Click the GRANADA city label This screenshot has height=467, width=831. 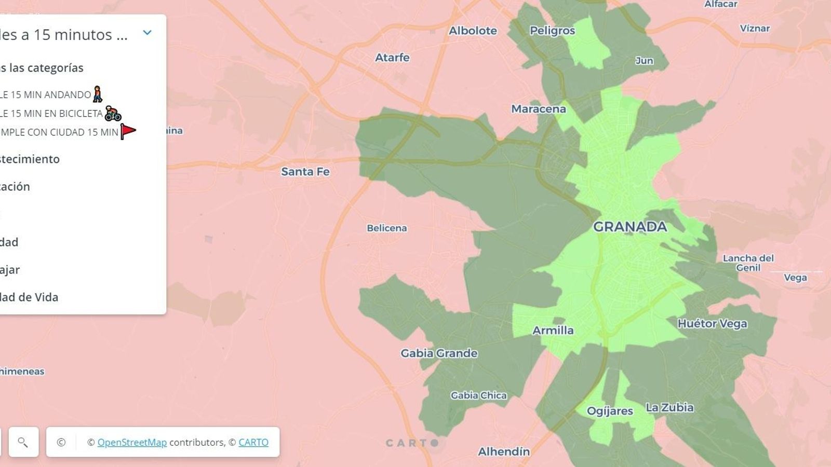[629, 227]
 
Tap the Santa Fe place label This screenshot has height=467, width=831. [305, 172]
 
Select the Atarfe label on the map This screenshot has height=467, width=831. [392, 58]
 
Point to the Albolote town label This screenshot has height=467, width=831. [473, 31]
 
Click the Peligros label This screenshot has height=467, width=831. [552, 31]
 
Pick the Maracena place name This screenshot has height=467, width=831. [538, 109]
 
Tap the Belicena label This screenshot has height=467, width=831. [386, 228]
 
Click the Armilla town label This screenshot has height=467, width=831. [553, 331]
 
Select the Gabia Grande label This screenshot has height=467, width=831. [439, 353]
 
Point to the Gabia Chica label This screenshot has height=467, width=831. [478, 395]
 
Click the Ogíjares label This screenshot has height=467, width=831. [610, 411]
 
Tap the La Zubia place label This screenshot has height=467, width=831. [669, 407]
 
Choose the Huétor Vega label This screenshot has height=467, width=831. [712, 324]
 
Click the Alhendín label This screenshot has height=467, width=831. [504, 451]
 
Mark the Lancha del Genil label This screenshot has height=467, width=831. [748, 263]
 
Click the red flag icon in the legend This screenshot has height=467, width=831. [128, 131]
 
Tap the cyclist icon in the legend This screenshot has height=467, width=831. [113, 113]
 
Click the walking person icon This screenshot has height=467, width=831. [98, 94]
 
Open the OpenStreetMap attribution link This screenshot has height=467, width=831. [132, 442]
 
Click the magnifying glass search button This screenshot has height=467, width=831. [23, 442]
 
